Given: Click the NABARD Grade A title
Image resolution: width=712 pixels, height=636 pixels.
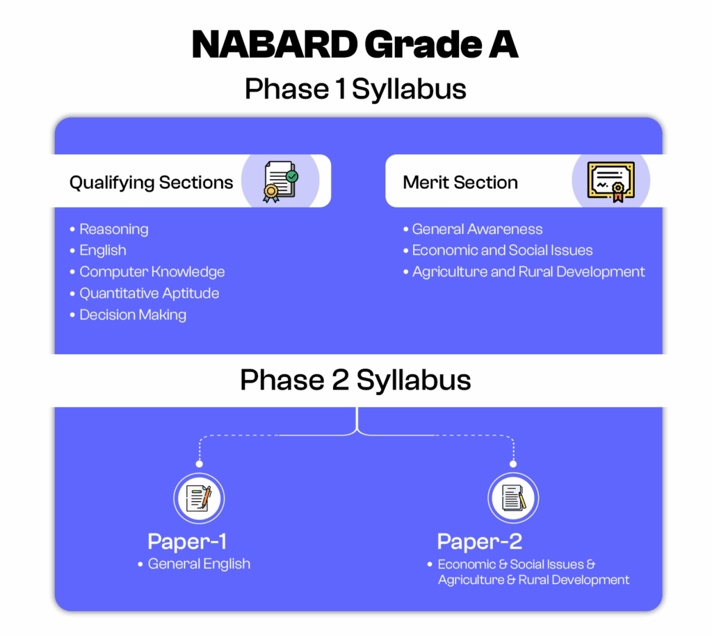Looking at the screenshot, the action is coord(355,44).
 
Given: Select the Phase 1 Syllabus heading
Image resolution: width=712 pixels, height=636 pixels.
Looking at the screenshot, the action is coord(355,89).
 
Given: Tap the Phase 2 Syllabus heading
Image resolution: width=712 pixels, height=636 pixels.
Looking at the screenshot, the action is coord(355,380).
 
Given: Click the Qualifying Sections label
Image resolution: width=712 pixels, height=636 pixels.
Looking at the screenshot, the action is coord(151,183).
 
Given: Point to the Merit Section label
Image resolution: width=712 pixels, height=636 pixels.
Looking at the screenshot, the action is coord(460,182).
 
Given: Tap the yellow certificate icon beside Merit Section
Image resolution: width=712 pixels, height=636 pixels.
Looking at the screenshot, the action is coord(611,181).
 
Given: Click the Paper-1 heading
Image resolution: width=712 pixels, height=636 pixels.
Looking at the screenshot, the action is coord(187,542).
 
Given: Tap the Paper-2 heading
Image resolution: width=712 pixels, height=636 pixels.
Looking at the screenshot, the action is coord(480,542).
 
